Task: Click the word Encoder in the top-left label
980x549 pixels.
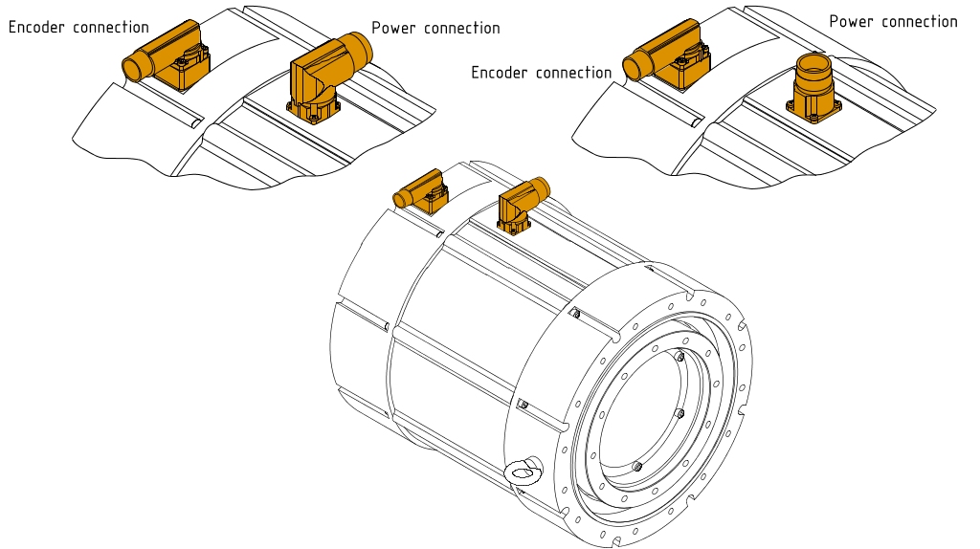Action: pyautogui.click(x=38, y=27)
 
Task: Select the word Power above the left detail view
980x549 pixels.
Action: pyautogui.click(x=393, y=28)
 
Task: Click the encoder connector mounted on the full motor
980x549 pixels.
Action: pyautogui.click(x=420, y=191)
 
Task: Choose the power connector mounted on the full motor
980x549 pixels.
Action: pyautogui.click(x=520, y=203)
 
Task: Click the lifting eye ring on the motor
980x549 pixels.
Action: pyautogui.click(x=523, y=471)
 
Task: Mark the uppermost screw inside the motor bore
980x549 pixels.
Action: pyautogui.click(x=679, y=357)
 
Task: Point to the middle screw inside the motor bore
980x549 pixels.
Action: pyautogui.click(x=679, y=414)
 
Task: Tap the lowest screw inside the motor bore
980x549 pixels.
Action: pyautogui.click(x=636, y=467)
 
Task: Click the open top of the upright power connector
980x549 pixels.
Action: pyautogui.click(x=812, y=65)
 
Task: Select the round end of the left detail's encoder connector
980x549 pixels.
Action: pyautogui.click(x=131, y=68)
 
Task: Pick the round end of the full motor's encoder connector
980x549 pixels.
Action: pyautogui.click(x=401, y=199)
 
